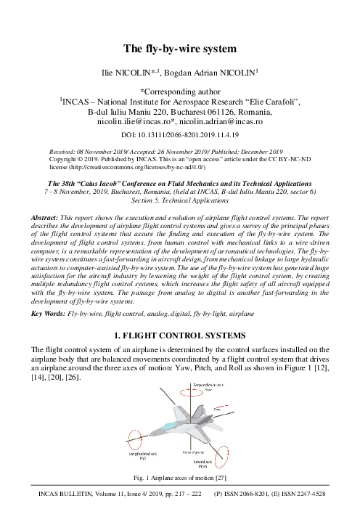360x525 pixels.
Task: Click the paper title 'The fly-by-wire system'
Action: click(x=179, y=49)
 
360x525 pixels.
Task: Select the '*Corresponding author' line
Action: click(x=179, y=91)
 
